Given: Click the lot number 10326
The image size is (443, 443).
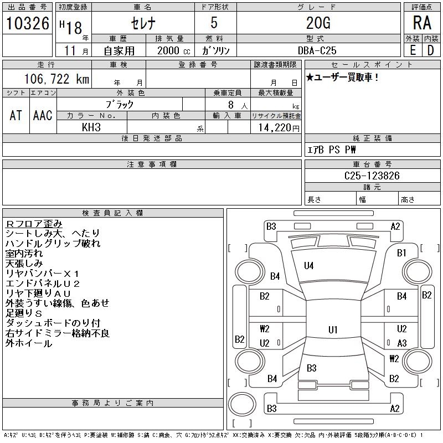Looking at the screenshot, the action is [x=27, y=23].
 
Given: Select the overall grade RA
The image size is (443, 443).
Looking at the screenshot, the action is [x=421, y=23].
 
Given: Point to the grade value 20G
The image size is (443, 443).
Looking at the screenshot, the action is [x=318, y=23].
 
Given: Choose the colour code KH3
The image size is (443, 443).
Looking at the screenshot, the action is [x=91, y=127].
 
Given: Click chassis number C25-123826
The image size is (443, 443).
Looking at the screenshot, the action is [x=372, y=176].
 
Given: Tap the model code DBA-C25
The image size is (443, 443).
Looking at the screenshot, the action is [x=317, y=50].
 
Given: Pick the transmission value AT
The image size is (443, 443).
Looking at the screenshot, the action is [x=16, y=115].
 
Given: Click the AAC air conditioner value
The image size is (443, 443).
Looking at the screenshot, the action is [x=43, y=115].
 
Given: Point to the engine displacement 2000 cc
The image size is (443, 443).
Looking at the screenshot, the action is [x=169, y=50].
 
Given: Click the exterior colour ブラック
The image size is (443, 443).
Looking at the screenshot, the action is [x=120, y=104].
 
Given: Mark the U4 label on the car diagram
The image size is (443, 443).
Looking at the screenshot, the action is [x=308, y=266].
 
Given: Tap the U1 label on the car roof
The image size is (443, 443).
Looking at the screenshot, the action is [x=333, y=329].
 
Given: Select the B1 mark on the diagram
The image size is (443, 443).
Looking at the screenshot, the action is [x=401, y=253].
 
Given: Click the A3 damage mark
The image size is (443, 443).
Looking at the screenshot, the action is [x=401, y=343].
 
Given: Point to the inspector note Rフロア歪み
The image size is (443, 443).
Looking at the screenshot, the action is [x=34, y=224].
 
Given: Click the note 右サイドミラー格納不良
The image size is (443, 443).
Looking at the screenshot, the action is [x=58, y=333].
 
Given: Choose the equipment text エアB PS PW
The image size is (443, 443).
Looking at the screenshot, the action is [x=332, y=150].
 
